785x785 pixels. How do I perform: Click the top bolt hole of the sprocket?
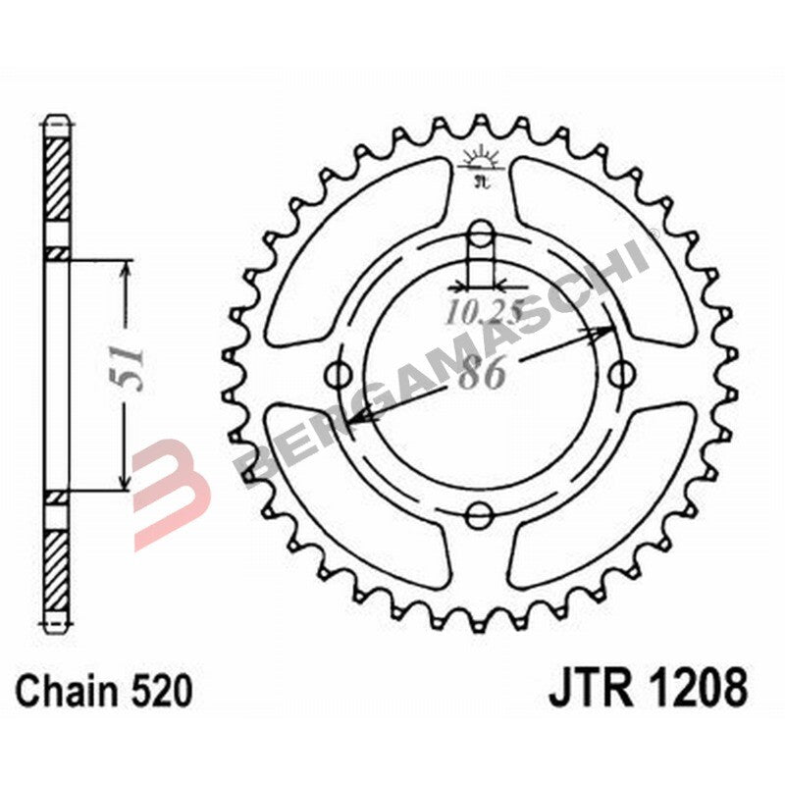(480, 233)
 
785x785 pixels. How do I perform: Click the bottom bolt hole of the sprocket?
(480, 513)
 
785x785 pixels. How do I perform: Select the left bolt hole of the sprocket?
(340, 374)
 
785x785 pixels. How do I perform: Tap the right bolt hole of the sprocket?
(620, 373)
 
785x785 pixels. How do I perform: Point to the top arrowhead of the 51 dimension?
(124, 270)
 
